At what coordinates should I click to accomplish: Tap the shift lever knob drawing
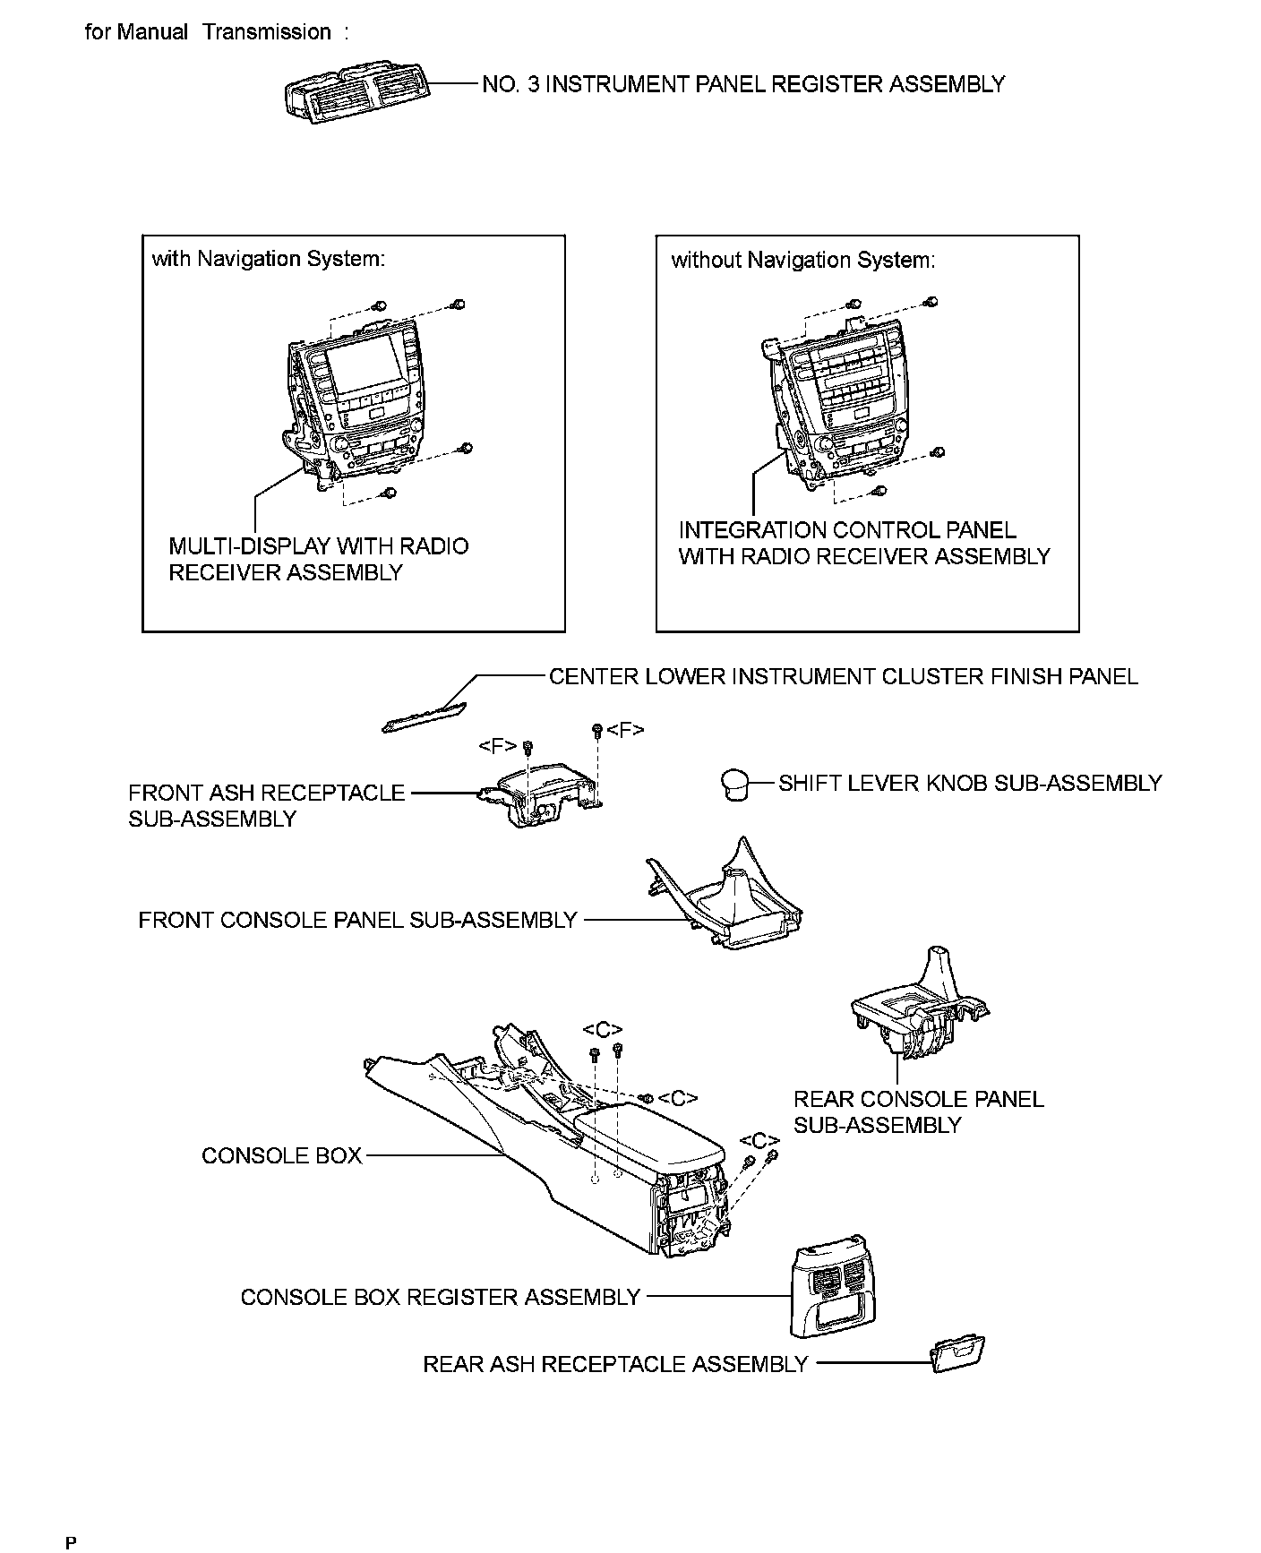(735, 784)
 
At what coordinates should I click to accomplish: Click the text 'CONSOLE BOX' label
(281, 1155)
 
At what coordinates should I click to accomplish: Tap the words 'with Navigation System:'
(269, 259)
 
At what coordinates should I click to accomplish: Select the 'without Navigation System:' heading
(802, 260)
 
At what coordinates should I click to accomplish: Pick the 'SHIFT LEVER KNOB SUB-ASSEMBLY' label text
(969, 783)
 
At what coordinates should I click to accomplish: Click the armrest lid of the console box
(645, 1137)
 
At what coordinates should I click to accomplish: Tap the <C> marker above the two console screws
(603, 1030)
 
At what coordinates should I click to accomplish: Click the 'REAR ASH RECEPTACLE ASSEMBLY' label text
(615, 1364)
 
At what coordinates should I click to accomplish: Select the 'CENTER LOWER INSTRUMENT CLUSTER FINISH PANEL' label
(843, 676)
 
